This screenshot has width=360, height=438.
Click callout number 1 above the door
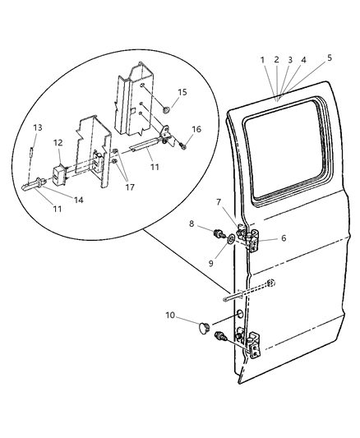click(x=262, y=60)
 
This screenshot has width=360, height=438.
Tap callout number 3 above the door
click(x=291, y=60)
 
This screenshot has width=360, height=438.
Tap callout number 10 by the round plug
click(x=169, y=316)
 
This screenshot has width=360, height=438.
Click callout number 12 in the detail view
click(x=58, y=143)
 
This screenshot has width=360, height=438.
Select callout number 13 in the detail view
click(x=37, y=127)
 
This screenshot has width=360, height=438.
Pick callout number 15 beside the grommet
click(x=182, y=92)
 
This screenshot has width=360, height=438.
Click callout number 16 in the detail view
click(x=196, y=129)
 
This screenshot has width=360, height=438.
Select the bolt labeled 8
click(x=219, y=236)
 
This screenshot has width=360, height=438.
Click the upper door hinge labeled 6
click(x=249, y=237)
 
